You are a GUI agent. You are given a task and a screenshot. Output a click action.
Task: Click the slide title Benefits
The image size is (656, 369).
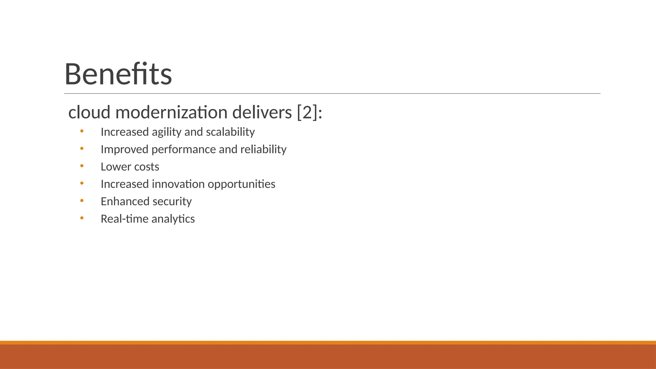118,74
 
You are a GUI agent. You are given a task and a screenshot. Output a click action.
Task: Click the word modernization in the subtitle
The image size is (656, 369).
171,112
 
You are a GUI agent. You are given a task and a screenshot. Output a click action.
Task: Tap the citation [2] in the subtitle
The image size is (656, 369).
307,112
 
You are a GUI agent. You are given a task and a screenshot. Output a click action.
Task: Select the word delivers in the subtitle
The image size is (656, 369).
262,112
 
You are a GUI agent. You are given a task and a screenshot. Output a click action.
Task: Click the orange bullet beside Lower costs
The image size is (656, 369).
82,166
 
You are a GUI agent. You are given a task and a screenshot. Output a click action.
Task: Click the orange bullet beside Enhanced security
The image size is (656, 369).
82,201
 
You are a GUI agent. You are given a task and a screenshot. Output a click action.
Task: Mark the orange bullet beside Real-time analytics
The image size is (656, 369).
82,218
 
